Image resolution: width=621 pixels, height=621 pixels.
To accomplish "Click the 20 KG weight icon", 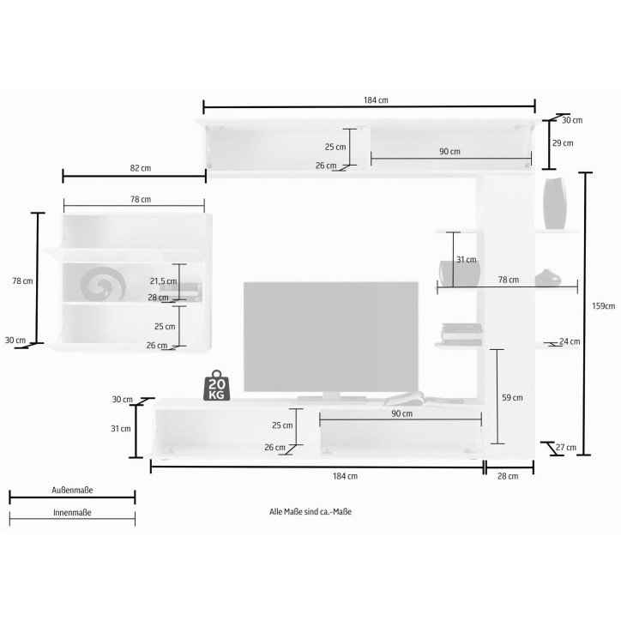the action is click(x=217, y=385).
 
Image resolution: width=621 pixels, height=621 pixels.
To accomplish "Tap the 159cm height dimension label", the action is click(x=604, y=305).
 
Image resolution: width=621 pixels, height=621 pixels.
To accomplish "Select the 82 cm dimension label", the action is click(x=141, y=168).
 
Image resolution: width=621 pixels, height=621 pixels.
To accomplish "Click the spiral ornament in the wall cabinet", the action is click(x=103, y=284).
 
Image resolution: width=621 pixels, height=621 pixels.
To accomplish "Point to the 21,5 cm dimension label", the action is click(x=163, y=281).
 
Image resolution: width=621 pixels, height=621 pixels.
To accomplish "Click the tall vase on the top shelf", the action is click(x=554, y=203).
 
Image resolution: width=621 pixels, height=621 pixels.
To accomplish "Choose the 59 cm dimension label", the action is click(x=512, y=398).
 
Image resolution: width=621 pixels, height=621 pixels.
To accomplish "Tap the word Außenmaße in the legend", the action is click(x=72, y=491).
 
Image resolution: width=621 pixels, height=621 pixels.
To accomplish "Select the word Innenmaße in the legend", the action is click(x=72, y=512).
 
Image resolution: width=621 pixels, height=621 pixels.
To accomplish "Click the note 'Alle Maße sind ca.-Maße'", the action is click(x=310, y=512).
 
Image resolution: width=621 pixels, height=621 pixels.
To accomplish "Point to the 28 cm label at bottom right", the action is click(x=508, y=476).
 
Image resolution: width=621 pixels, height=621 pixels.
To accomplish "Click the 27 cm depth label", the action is click(x=566, y=448).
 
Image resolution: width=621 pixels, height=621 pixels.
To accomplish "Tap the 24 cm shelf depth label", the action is click(x=570, y=341).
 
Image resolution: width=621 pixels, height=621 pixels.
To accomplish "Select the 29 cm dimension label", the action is click(x=563, y=143).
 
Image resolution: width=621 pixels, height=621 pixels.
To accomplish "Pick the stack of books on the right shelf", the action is click(x=461, y=334).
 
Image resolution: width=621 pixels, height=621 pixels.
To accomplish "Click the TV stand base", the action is click(x=332, y=399).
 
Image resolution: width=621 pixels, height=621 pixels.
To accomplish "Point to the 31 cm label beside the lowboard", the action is click(x=121, y=429).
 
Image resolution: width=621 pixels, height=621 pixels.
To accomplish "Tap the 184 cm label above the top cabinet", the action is click(x=376, y=100).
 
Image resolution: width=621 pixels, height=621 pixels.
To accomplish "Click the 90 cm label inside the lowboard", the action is click(x=402, y=413).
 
